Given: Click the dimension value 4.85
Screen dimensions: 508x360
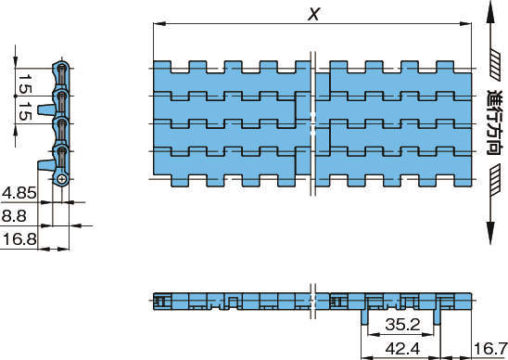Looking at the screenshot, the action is point(19,193).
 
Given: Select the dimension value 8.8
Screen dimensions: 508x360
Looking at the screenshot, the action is point(14,216).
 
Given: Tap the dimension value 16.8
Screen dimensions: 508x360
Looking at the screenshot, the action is point(19,239).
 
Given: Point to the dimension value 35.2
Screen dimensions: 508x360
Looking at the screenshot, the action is point(402,325).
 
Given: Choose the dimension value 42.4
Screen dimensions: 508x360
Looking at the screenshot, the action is point(402,349).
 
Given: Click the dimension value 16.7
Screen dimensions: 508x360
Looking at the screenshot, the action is point(490,349).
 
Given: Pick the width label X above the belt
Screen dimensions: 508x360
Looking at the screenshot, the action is point(313,14).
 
